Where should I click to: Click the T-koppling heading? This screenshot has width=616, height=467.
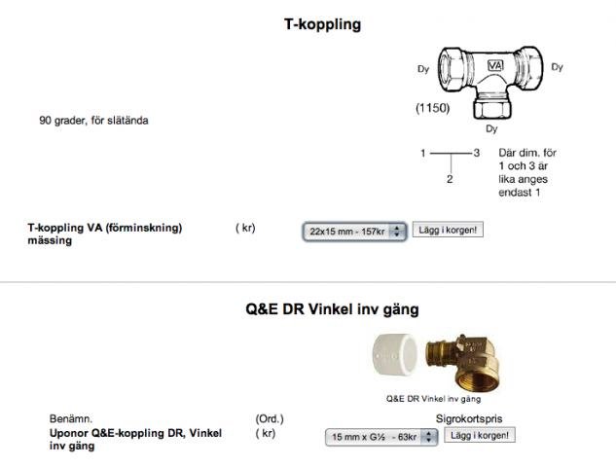pos(322,24)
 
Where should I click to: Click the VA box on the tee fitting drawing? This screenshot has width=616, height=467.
pos(495,65)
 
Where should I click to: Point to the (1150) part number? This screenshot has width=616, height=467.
pos(432,108)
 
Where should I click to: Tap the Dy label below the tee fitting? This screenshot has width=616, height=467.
pos(491,128)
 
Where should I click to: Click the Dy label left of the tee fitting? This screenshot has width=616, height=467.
pos(423,69)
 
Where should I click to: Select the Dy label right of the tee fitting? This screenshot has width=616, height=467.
pos(557,67)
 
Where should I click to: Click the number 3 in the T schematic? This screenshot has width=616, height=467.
pos(477,153)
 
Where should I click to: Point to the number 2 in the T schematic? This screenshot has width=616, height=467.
pos(450,179)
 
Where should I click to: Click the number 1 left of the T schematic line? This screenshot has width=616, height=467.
pos(423,153)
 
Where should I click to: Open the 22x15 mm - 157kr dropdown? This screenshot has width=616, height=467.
pos(354,232)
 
